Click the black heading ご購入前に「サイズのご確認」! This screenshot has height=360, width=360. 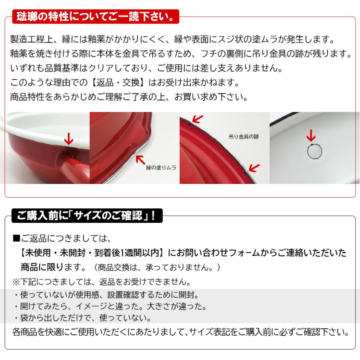point(86,216)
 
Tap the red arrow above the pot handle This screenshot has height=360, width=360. point(69,138)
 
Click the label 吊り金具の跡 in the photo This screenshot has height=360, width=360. point(244,137)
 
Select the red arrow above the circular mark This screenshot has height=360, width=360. point(311,136)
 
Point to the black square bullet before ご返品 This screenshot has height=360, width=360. point(16,239)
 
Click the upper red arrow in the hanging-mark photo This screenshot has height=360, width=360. point(197,118)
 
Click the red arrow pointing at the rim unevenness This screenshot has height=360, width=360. point(140,159)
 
